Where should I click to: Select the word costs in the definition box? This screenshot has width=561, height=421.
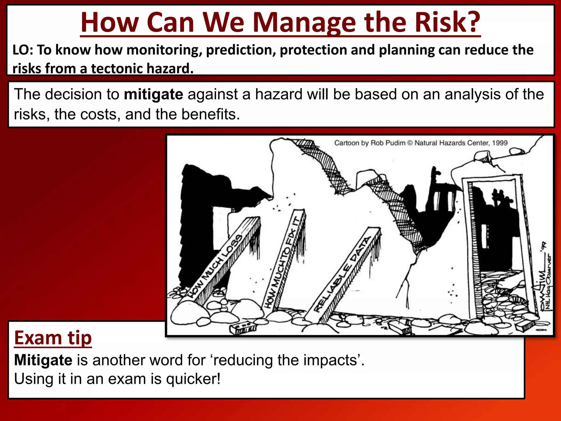[x=100, y=115]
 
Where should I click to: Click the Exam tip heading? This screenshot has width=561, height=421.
[x=53, y=338]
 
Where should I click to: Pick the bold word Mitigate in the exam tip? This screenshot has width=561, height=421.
[x=43, y=360]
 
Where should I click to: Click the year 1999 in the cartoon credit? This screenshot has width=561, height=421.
[x=500, y=143]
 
